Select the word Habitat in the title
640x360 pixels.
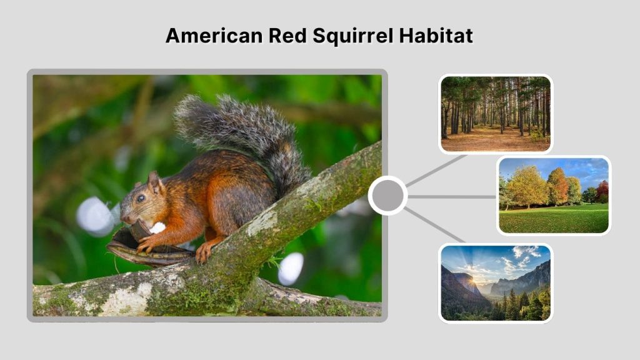point(437,36)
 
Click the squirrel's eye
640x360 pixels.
point(141,197)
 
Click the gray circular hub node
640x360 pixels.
point(387,196)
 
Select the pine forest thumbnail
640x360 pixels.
point(495,114)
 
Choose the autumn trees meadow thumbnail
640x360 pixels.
point(554,195)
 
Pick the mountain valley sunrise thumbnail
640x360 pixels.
point(495,282)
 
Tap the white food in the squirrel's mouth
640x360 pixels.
point(157,227)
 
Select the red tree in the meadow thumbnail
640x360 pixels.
point(601,189)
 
